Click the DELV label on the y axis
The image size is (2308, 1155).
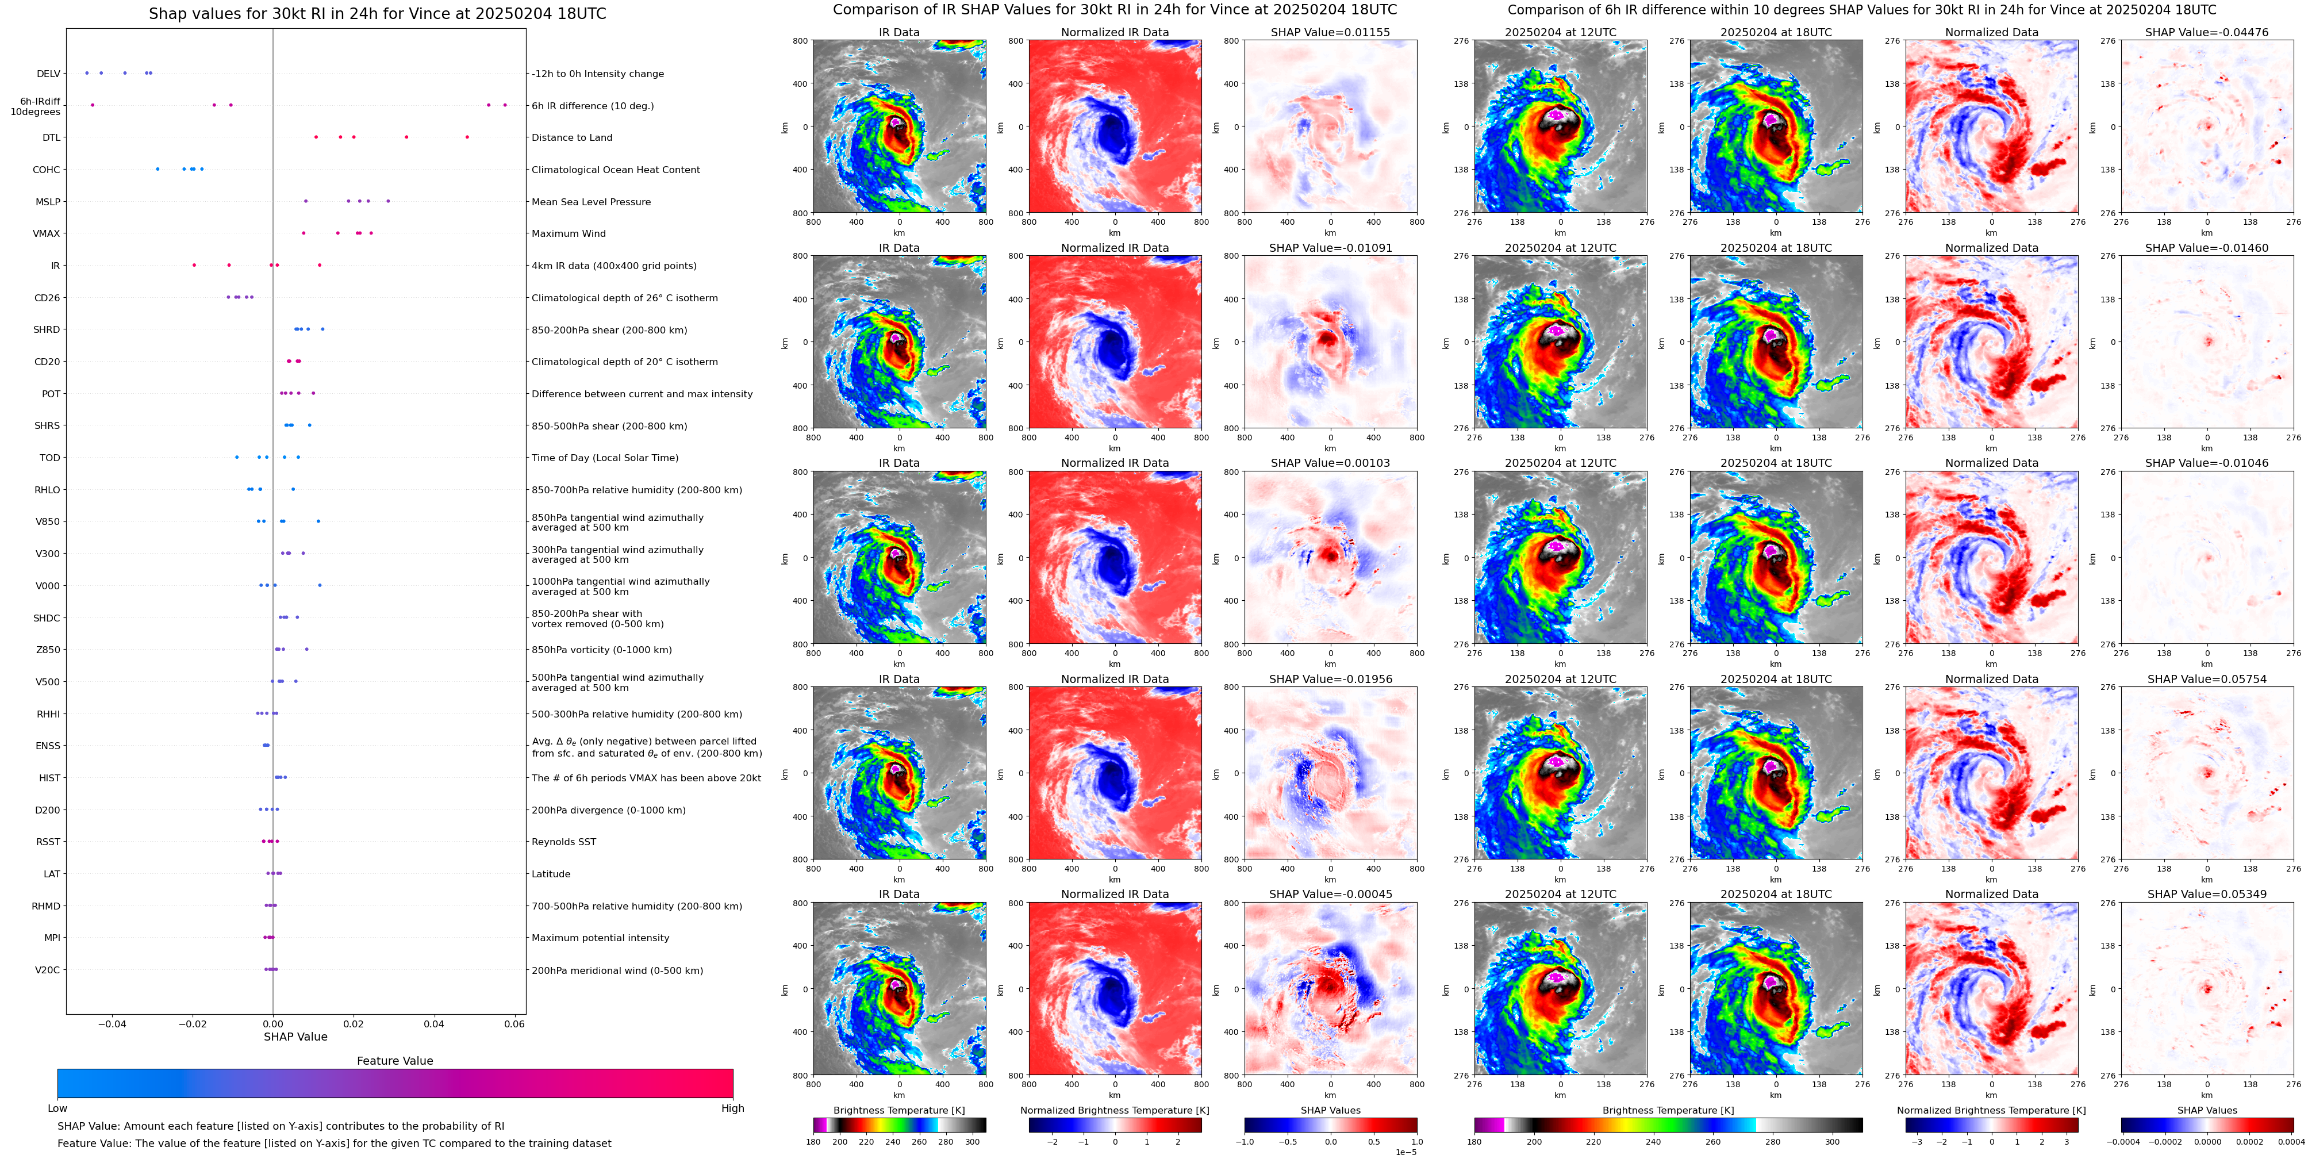[x=48, y=74]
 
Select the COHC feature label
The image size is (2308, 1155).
[x=47, y=170]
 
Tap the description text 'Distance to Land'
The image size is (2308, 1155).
[x=571, y=138]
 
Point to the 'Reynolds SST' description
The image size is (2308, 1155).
[x=563, y=842]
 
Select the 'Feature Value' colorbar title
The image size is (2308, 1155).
[x=395, y=1061]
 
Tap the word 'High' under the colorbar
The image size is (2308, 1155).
[x=733, y=1108]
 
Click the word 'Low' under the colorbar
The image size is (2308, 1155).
[x=57, y=1108]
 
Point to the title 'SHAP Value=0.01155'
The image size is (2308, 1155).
[x=1331, y=32]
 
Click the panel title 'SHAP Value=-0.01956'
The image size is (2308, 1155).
[x=1331, y=679]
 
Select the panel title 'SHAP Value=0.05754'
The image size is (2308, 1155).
[x=2207, y=679]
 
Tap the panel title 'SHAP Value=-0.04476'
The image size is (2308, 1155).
[x=2207, y=32]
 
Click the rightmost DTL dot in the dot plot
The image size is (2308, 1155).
[x=467, y=137]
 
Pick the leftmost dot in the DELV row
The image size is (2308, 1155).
[x=87, y=72]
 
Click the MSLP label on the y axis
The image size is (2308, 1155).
[x=48, y=202]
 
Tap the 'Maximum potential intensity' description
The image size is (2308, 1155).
[x=600, y=938]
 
